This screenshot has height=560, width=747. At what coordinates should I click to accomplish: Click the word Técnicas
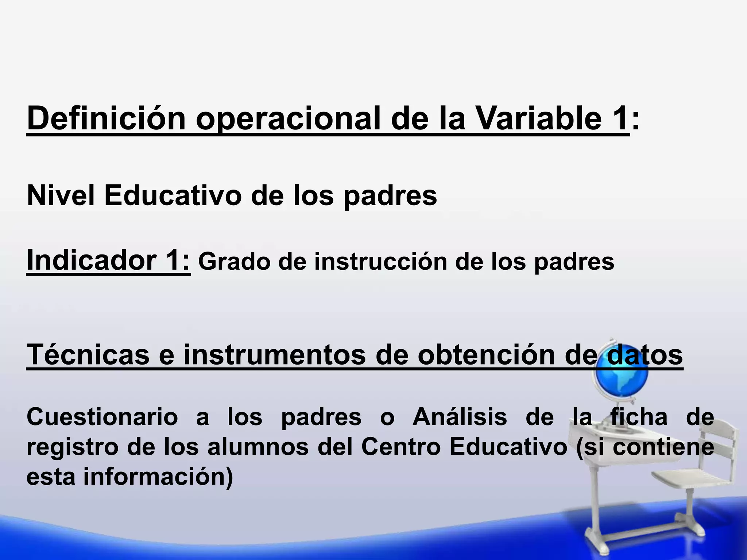click(88, 354)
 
